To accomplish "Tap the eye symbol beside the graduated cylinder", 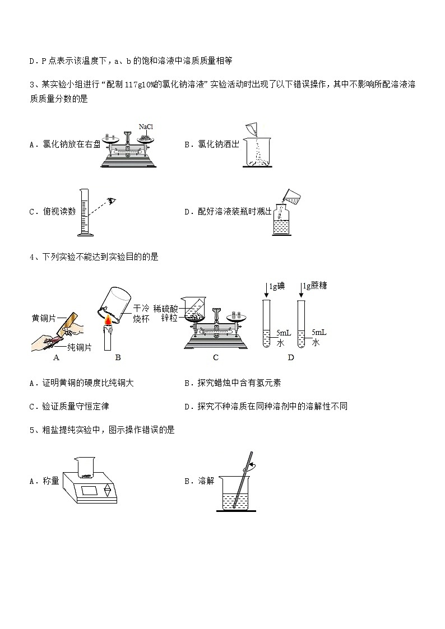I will [113, 200].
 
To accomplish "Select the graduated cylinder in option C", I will [85, 212].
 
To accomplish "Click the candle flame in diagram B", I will [106, 321].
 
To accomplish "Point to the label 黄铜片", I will [44, 318].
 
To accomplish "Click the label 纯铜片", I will [79, 347].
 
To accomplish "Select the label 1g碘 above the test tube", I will [277, 286].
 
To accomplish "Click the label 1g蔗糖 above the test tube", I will [314, 286].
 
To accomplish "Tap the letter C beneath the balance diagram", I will [216, 357].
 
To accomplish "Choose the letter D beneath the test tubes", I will [290, 357].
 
